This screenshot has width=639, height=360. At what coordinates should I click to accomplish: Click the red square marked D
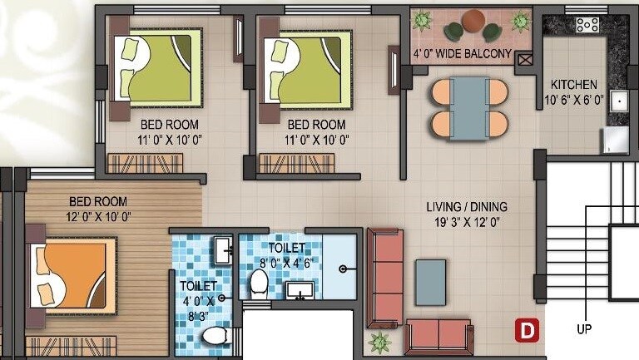click(526, 330)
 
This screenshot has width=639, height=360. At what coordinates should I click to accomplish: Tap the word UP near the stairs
click(585, 329)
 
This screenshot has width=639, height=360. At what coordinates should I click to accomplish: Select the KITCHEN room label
click(574, 85)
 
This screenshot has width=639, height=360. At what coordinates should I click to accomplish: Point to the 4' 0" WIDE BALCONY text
click(462, 55)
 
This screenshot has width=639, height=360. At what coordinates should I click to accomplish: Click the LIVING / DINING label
click(467, 207)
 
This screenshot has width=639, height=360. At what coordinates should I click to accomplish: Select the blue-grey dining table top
click(469, 108)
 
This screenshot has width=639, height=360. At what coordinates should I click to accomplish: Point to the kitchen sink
click(619, 101)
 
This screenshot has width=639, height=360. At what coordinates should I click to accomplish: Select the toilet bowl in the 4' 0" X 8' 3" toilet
click(215, 336)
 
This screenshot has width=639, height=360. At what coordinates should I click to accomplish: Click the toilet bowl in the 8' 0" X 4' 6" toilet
click(258, 284)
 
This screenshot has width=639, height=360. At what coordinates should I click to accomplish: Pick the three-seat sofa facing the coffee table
click(385, 278)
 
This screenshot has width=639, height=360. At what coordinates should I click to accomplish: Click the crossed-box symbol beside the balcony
click(524, 58)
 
